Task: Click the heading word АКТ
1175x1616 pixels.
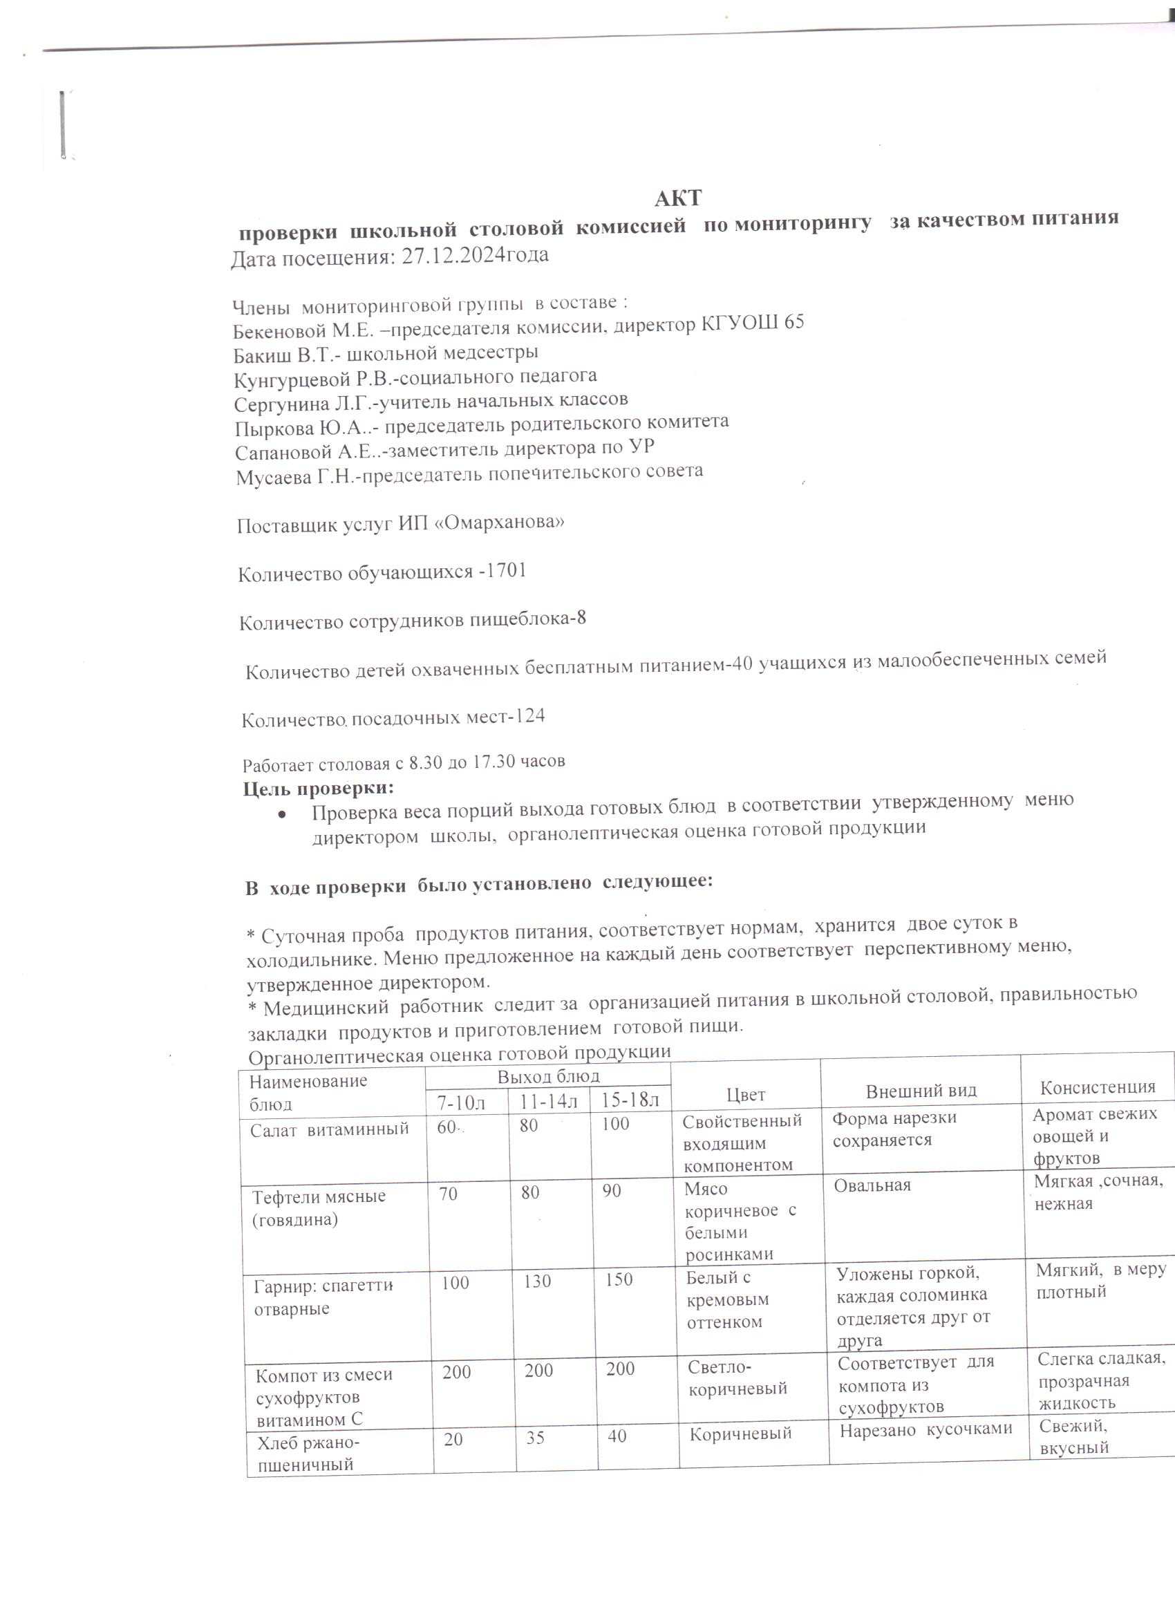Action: click(x=677, y=198)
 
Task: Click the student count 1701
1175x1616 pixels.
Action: click(x=505, y=572)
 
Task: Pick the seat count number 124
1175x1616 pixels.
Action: click(x=529, y=716)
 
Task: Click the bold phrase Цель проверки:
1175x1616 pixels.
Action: click(x=319, y=789)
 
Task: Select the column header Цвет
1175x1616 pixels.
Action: click(x=745, y=1093)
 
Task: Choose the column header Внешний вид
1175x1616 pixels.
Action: click(x=921, y=1091)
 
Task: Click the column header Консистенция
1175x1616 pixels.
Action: click(x=1098, y=1087)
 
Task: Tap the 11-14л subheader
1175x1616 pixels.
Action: click(x=549, y=1102)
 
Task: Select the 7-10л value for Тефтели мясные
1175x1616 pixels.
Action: click(x=448, y=1193)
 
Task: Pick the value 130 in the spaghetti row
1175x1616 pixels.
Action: click(x=537, y=1282)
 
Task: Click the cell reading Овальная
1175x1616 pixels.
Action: click(x=872, y=1185)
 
